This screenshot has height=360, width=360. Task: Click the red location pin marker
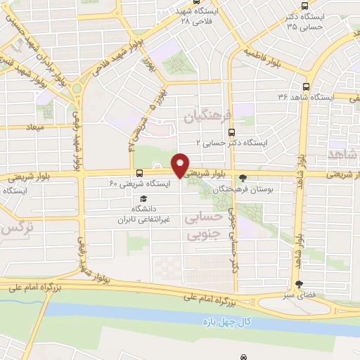pyautogui.click(x=180, y=166)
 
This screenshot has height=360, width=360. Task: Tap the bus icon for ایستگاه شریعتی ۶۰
pyautogui.click(x=140, y=173)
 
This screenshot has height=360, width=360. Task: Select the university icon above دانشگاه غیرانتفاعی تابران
pyautogui.click(x=143, y=198)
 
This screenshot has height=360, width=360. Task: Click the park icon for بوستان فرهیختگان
pyautogui.click(x=243, y=179)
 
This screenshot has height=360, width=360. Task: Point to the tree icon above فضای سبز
pyautogui.click(x=301, y=285)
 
